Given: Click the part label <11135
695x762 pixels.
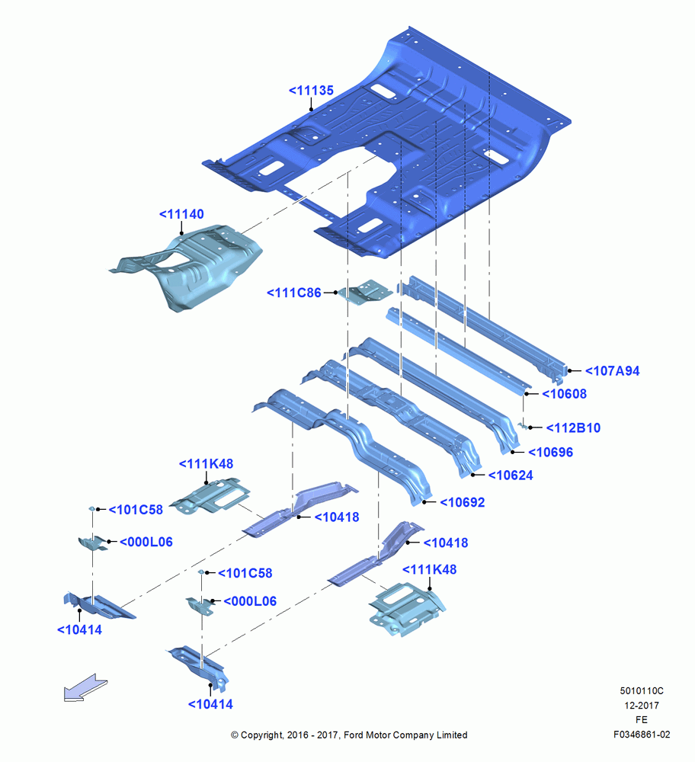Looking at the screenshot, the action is click(311, 91).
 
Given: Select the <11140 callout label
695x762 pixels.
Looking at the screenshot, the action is click(181, 214).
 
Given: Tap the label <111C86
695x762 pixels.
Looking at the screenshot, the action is click(294, 293).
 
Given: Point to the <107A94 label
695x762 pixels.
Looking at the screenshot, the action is click(612, 371).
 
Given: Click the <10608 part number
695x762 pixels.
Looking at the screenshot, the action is click(564, 394).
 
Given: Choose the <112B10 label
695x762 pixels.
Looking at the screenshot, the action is click(573, 428).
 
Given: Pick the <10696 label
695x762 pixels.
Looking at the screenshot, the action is click(550, 453).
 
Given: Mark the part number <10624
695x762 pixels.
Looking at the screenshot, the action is click(511, 475).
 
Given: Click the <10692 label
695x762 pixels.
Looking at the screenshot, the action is click(463, 502).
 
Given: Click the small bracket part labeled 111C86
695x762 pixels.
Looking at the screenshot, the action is click(366, 293).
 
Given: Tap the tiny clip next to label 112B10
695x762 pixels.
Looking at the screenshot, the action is click(524, 426).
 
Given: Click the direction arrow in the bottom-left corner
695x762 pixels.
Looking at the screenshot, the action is click(85, 687).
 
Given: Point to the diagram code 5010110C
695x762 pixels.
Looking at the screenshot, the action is click(642, 691).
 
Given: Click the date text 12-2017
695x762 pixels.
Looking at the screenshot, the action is click(642, 706).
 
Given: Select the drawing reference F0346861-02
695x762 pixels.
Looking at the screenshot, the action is click(642, 735).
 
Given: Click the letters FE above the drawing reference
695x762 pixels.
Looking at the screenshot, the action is click(642, 720).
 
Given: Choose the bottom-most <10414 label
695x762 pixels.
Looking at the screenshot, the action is click(210, 704).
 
